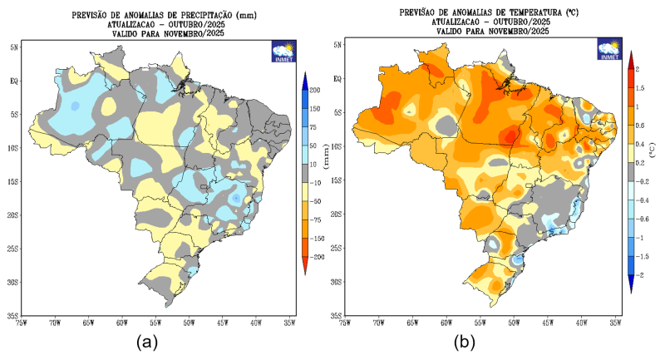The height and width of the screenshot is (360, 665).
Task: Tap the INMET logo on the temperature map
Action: pyautogui.click(x=609, y=51)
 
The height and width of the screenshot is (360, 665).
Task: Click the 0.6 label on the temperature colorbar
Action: pyautogui.click(x=640, y=125)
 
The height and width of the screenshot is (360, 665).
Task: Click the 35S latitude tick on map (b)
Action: pyautogui.click(x=337, y=316)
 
